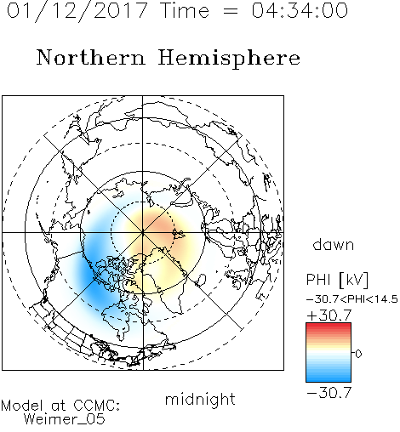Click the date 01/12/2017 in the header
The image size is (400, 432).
pyautogui.click(x=77, y=11)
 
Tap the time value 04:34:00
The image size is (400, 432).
pyautogui.click(x=300, y=10)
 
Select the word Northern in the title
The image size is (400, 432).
pyautogui.click(x=91, y=57)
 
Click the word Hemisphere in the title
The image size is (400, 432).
pyautogui.click(x=229, y=58)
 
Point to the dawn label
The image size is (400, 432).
pyautogui.click(x=334, y=245)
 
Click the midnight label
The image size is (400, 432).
pyautogui.click(x=200, y=399)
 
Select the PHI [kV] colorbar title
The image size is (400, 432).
pyautogui.click(x=337, y=280)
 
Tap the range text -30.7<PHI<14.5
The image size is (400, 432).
pyautogui.click(x=352, y=299)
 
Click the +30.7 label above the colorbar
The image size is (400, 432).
pyautogui.click(x=329, y=315)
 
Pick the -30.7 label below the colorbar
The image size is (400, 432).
pyautogui.click(x=329, y=393)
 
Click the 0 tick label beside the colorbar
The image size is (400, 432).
pyautogui.click(x=358, y=354)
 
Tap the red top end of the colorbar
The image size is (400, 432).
pyautogui.click(x=329, y=325)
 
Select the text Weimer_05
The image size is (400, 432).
pyautogui.click(x=64, y=419)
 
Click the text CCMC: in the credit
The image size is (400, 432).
pyautogui.click(x=96, y=406)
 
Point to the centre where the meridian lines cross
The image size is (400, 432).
pyautogui.click(x=143, y=233)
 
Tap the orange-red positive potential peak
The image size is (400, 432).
pyautogui.click(x=160, y=224)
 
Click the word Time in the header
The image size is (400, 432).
pyautogui.click(x=185, y=10)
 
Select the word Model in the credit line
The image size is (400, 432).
pyautogui.click(x=22, y=406)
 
